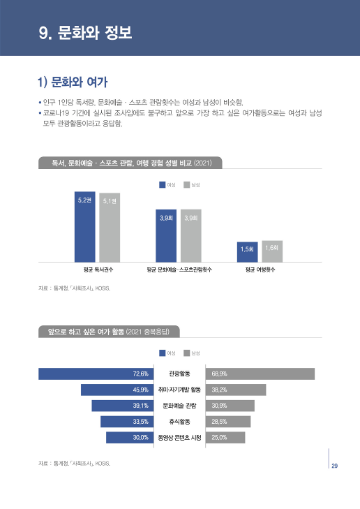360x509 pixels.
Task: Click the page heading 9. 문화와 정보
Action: point(86,32)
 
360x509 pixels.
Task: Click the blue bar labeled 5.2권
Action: point(84,227)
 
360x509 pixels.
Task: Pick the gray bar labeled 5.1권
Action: point(110,228)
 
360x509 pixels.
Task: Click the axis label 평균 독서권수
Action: point(98,269)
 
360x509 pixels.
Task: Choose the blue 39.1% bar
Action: point(121,406)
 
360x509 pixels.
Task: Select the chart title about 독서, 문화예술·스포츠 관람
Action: point(131,163)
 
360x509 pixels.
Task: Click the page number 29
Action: point(335,466)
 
